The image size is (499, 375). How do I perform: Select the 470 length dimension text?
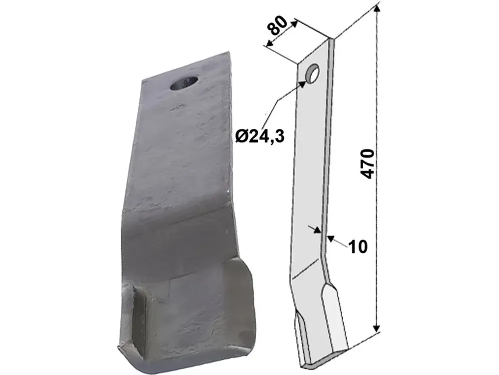[368, 163]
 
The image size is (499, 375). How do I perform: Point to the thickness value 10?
[358, 246]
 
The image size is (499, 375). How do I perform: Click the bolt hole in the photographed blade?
[184, 83]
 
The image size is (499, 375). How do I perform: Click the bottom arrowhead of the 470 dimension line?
[377, 327]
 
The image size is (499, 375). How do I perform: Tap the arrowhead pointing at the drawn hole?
[302, 84]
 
